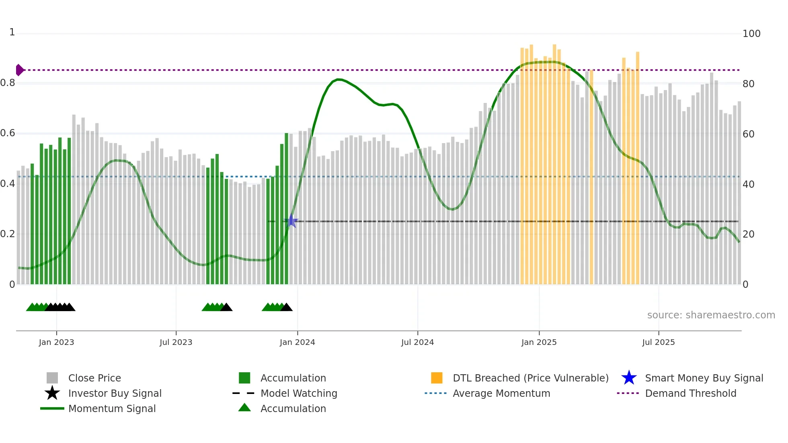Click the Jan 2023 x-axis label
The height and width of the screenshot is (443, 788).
coord(56,342)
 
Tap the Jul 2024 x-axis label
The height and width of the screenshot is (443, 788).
coord(417,342)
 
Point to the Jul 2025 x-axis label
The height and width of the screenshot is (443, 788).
coord(658,342)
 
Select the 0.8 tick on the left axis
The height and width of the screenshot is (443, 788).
coord(8,83)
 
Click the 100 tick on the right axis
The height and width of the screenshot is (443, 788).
coord(751,33)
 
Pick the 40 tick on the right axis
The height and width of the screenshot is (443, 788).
coord(748,184)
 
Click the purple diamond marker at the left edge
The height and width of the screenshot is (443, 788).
coord(19,70)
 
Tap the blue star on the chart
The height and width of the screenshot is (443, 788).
coord(291,221)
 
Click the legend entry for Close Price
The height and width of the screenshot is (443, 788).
coord(94,378)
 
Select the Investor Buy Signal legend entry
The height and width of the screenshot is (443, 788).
coord(115,393)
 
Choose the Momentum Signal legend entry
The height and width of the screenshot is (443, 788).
coord(112,408)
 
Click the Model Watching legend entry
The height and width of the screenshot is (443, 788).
coord(299,393)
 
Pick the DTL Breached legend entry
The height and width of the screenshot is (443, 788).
coord(530,378)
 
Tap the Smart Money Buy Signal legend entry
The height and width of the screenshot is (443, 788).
coord(704,378)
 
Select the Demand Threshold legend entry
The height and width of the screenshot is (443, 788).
coord(690,393)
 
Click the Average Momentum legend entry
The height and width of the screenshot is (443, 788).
coord(501,393)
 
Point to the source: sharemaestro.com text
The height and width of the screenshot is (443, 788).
coord(711,315)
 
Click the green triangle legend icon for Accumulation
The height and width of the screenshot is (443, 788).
coord(244,408)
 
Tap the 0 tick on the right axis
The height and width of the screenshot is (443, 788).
coord(745,285)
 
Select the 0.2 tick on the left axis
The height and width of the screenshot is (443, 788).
coord(8,234)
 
